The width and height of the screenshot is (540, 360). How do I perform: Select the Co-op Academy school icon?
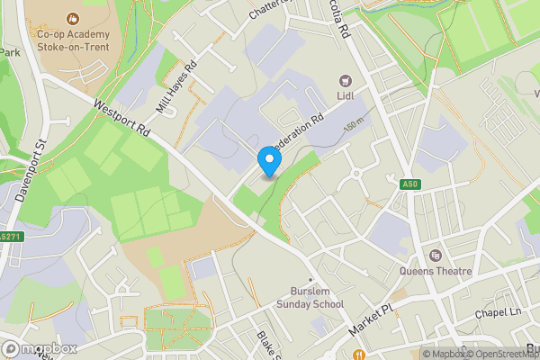[72, 19]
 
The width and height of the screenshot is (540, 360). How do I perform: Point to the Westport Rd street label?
[121, 116]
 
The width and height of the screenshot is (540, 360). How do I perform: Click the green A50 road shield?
[410, 184]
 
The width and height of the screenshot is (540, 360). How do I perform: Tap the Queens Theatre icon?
[436, 255]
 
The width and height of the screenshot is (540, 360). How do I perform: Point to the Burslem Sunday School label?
[317, 298]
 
